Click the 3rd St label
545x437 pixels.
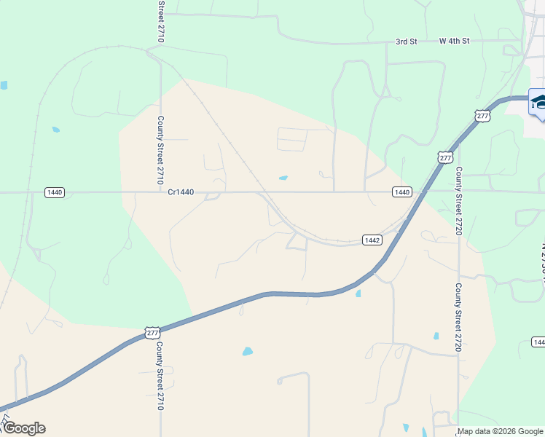[406, 42]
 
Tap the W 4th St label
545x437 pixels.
[455, 42]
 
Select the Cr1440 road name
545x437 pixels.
[181, 192]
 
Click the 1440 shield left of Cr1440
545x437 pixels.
[55, 192]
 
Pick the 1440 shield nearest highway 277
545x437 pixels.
[401, 192]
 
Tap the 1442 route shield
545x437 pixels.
[372, 240]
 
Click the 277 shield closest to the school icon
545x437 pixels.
[482, 116]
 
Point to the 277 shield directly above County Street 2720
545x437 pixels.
[446, 157]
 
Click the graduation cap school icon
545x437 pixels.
[538, 102]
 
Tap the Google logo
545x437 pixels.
[24, 428]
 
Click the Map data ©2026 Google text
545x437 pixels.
[500, 432]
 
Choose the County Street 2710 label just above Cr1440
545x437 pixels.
[160, 149]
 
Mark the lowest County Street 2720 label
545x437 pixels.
[459, 317]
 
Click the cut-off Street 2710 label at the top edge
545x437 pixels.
[160, 20]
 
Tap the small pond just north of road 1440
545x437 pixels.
[283, 178]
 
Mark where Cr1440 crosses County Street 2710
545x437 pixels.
[160, 192]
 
